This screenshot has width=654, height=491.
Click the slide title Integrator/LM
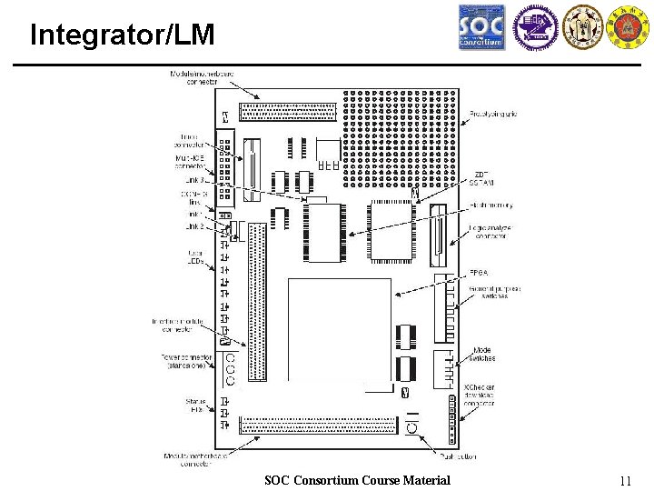tap(123, 35)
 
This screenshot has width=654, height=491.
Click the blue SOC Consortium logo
tap(481, 27)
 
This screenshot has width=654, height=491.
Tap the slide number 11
tap(624, 481)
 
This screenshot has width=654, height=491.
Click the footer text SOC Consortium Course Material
tap(357, 480)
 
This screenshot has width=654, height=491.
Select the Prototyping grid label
tap(494, 115)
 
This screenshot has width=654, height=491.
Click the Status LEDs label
tap(195, 406)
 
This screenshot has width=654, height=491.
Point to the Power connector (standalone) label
tap(185, 362)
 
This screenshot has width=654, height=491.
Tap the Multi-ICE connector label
tap(191, 162)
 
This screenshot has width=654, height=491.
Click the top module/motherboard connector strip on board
tap(287, 112)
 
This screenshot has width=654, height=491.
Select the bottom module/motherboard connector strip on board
tap(318, 426)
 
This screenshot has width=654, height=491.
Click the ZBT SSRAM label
tap(481, 178)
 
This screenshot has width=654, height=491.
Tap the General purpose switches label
tap(495, 292)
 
